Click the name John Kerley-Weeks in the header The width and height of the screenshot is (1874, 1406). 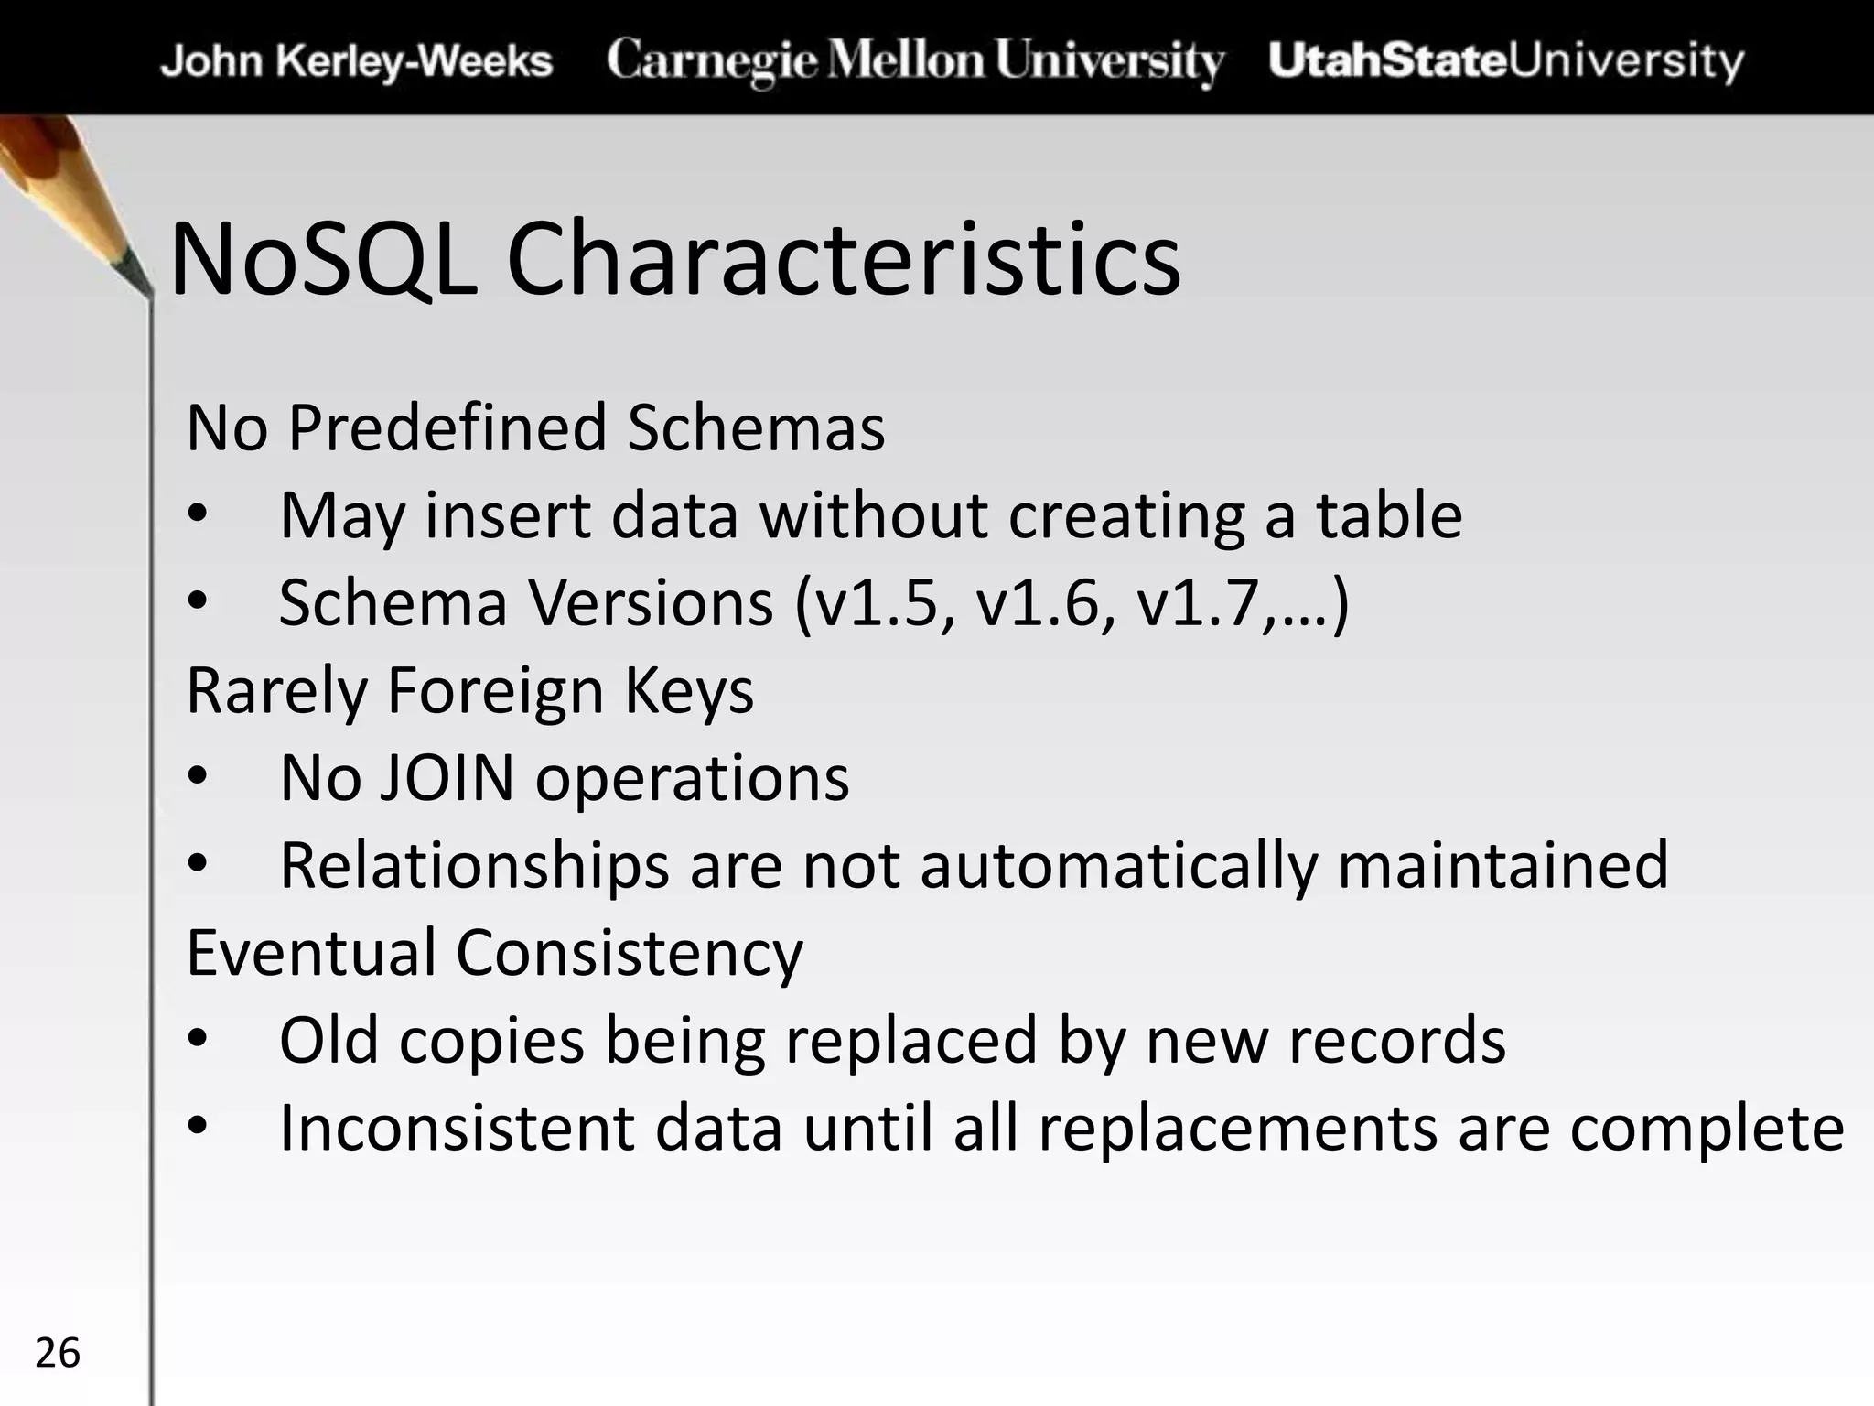(357, 61)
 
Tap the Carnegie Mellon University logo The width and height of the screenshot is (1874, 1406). (915, 60)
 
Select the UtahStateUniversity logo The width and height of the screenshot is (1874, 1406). (1506, 60)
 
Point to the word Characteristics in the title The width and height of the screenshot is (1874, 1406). (843, 260)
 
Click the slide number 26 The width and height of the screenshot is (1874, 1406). (58, 1353)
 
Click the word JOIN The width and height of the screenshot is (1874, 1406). (447, 778)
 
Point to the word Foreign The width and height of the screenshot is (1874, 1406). (495, 690)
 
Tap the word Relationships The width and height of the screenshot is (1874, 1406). (474, 865)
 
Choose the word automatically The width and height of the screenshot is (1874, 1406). (1118, 865)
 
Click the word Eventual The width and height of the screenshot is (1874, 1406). (311, 953)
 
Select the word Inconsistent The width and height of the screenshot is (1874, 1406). (457, 1128)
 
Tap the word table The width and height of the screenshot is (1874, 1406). (1389, 514)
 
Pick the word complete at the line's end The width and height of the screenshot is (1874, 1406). (1707, 1128)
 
